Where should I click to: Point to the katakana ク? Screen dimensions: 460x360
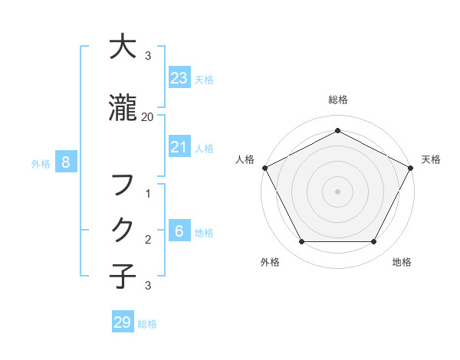coord(123,230)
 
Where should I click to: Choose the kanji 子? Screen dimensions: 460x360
coord(123,277)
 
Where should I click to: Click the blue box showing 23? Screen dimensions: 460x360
coord(179,77)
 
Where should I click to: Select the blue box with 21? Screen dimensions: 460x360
coord(179,147)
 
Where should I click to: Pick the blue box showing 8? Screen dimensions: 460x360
coord(66,162)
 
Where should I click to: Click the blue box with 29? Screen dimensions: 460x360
coord(123,322)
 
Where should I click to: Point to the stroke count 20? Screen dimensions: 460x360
coord(148,116)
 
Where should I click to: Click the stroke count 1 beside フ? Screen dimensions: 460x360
coord(148,195)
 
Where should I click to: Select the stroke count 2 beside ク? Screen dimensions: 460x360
coord(148,239)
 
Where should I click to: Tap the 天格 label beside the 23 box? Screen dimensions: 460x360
coord(204,79)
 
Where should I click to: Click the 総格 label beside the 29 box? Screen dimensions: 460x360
coord(147,324)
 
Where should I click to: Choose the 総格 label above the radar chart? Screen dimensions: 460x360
coord(337,100)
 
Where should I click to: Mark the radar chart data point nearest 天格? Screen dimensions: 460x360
coord(411,168)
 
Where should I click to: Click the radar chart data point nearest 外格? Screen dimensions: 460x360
coord(301,242)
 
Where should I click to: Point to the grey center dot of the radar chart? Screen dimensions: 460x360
coord(337,191)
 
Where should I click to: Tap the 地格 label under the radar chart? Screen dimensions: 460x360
coord(402,262)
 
